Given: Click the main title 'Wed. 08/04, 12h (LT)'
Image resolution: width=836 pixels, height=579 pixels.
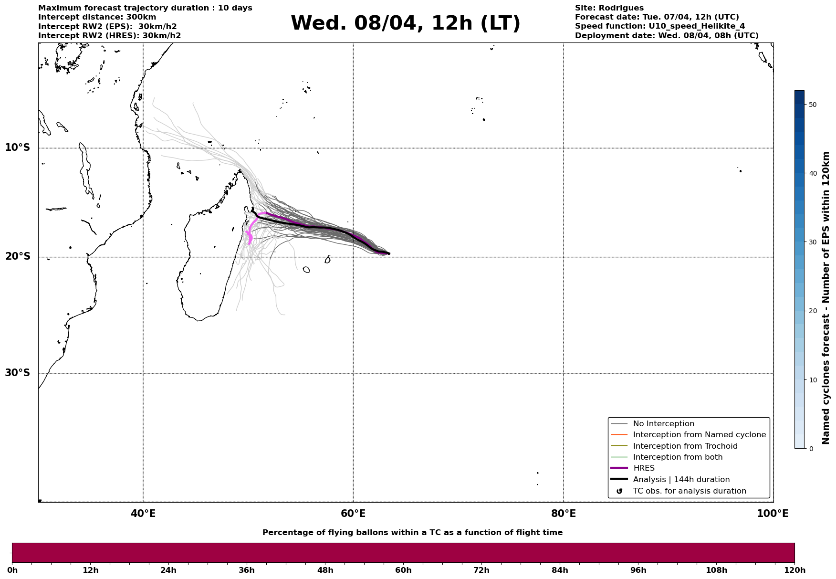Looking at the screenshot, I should (405, 23).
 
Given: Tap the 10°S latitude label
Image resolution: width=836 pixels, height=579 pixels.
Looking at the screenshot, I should (18, 147).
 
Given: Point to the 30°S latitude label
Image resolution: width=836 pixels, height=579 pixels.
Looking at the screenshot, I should (18, 373).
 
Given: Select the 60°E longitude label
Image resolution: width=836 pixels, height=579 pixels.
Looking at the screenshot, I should (353, 514).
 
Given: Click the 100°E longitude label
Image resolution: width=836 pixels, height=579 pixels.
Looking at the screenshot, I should (773, 514).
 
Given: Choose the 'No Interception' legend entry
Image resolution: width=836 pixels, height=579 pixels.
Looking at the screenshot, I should (663, 424).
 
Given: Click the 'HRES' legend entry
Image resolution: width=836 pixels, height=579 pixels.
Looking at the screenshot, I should (644, 468).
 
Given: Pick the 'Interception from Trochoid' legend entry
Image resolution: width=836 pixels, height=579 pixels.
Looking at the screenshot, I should (685, 446).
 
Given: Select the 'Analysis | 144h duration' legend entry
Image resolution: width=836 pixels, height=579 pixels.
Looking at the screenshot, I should (681, 480).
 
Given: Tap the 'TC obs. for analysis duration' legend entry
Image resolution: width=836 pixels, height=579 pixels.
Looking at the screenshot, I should (689, 491).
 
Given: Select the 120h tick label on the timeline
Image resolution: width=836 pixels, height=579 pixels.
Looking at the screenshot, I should (794, 570).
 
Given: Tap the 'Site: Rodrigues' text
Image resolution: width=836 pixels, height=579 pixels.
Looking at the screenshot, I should (609, 8).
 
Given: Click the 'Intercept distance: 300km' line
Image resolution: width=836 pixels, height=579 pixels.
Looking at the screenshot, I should (97, 17).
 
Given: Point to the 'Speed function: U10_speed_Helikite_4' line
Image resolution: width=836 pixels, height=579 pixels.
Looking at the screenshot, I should (659, 26).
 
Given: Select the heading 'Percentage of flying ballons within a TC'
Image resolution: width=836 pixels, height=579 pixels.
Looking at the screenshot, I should (412, 533).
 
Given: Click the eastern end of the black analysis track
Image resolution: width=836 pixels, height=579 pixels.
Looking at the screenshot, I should (389, 253).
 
